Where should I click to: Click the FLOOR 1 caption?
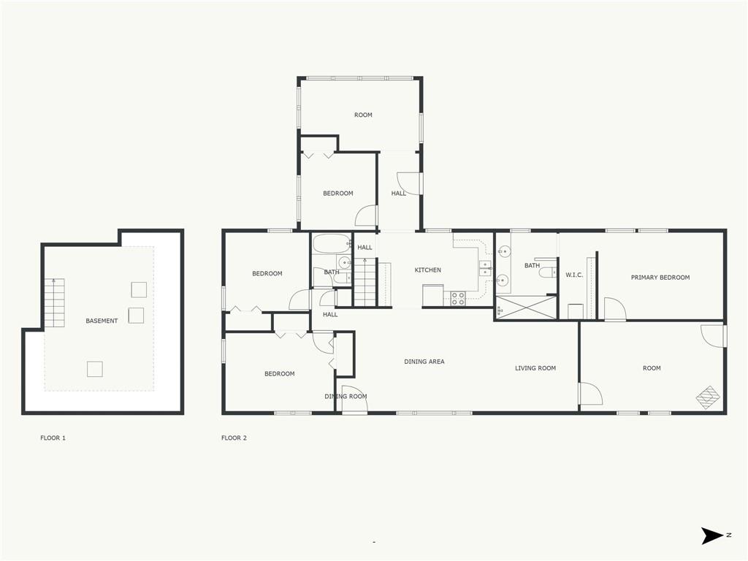tap(53, 438)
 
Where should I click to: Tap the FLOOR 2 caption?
tap(234, 438)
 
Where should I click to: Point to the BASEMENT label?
tap(102, 321)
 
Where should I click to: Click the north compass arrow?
tap(712, 535)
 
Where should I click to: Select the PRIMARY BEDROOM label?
tap(660, 277)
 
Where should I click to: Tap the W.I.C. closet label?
tap(574, 275)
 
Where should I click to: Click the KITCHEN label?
tap(428, 270)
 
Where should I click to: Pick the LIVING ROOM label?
tap(535, 368)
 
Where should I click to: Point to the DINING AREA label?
tap(424, 362)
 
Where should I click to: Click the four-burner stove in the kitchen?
tap(458, 298)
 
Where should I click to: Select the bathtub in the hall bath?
tap(332, 244)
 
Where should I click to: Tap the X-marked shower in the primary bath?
tap(526, 308)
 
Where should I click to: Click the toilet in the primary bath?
tap(548, 272)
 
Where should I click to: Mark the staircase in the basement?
tap(54, 302)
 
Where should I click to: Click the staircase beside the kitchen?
tap(366, 282)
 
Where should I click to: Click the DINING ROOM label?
tap(346, 397)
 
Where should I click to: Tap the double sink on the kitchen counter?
tap(486, 269)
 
